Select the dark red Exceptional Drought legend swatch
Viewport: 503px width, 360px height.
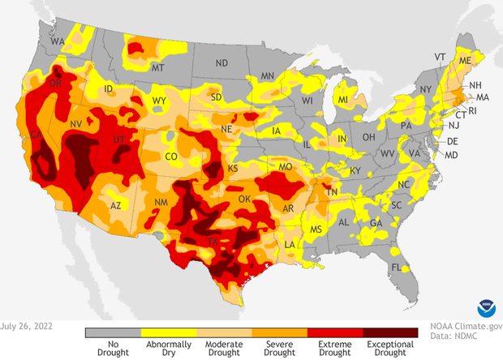[390, 332]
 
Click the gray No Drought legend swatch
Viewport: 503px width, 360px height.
[113, 332]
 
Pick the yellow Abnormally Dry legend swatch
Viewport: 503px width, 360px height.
[168, 332]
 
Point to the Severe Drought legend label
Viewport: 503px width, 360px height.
[279, 349]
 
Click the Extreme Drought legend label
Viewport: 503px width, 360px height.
[334, 349]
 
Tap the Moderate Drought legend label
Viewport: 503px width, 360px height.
[224, 349]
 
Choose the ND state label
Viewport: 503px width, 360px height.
[221, 62]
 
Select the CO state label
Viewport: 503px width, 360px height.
[171, 156]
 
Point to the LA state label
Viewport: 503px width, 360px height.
[290, 244]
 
